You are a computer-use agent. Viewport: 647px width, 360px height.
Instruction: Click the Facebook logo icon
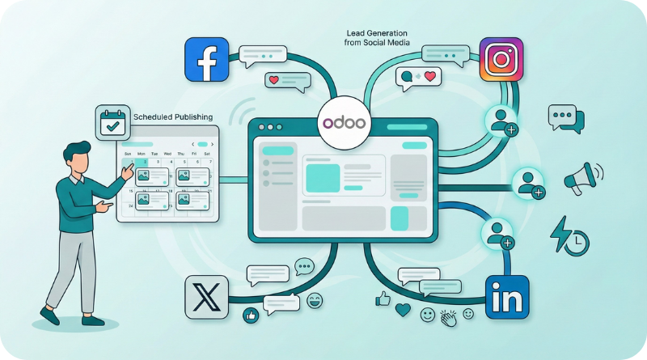coord(206,58)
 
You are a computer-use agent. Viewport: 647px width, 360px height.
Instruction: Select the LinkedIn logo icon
coord(506,297)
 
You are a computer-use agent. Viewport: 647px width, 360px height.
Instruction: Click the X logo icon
coord(206,297)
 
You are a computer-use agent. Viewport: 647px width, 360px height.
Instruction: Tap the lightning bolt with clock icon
coord(569,235)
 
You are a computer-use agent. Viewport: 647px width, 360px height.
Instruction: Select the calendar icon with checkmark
coord(112,123)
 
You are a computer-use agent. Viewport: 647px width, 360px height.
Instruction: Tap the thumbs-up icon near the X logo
coord(252,315)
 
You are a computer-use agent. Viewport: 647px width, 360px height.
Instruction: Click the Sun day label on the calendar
coord(126,154)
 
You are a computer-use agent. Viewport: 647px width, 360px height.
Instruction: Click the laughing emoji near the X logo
coord(314,301)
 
